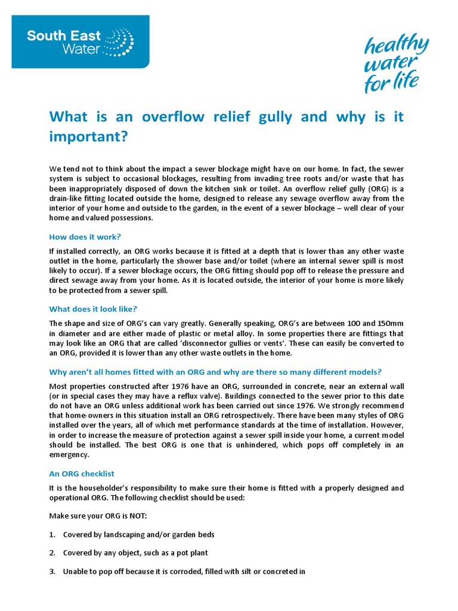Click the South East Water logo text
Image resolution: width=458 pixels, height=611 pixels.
coord(64,41)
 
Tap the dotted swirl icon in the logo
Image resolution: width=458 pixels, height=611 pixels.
coord(119,40)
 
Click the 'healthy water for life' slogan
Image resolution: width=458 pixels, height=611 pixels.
coord(396,64)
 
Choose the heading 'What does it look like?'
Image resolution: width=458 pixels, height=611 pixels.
coord(92,308)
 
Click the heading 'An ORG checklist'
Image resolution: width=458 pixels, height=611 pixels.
coord(81,473)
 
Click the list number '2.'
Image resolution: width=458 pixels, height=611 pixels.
coord(52,553)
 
